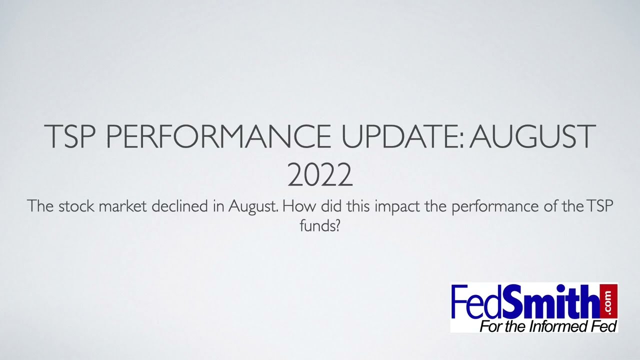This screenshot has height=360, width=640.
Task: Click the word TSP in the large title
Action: [70, 136]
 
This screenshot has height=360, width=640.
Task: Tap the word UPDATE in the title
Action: [404, 136]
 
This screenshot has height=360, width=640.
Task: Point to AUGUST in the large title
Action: [532, 136]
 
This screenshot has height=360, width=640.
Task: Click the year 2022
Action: [320, 175]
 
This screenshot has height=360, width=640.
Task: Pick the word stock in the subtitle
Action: [77, 206]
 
